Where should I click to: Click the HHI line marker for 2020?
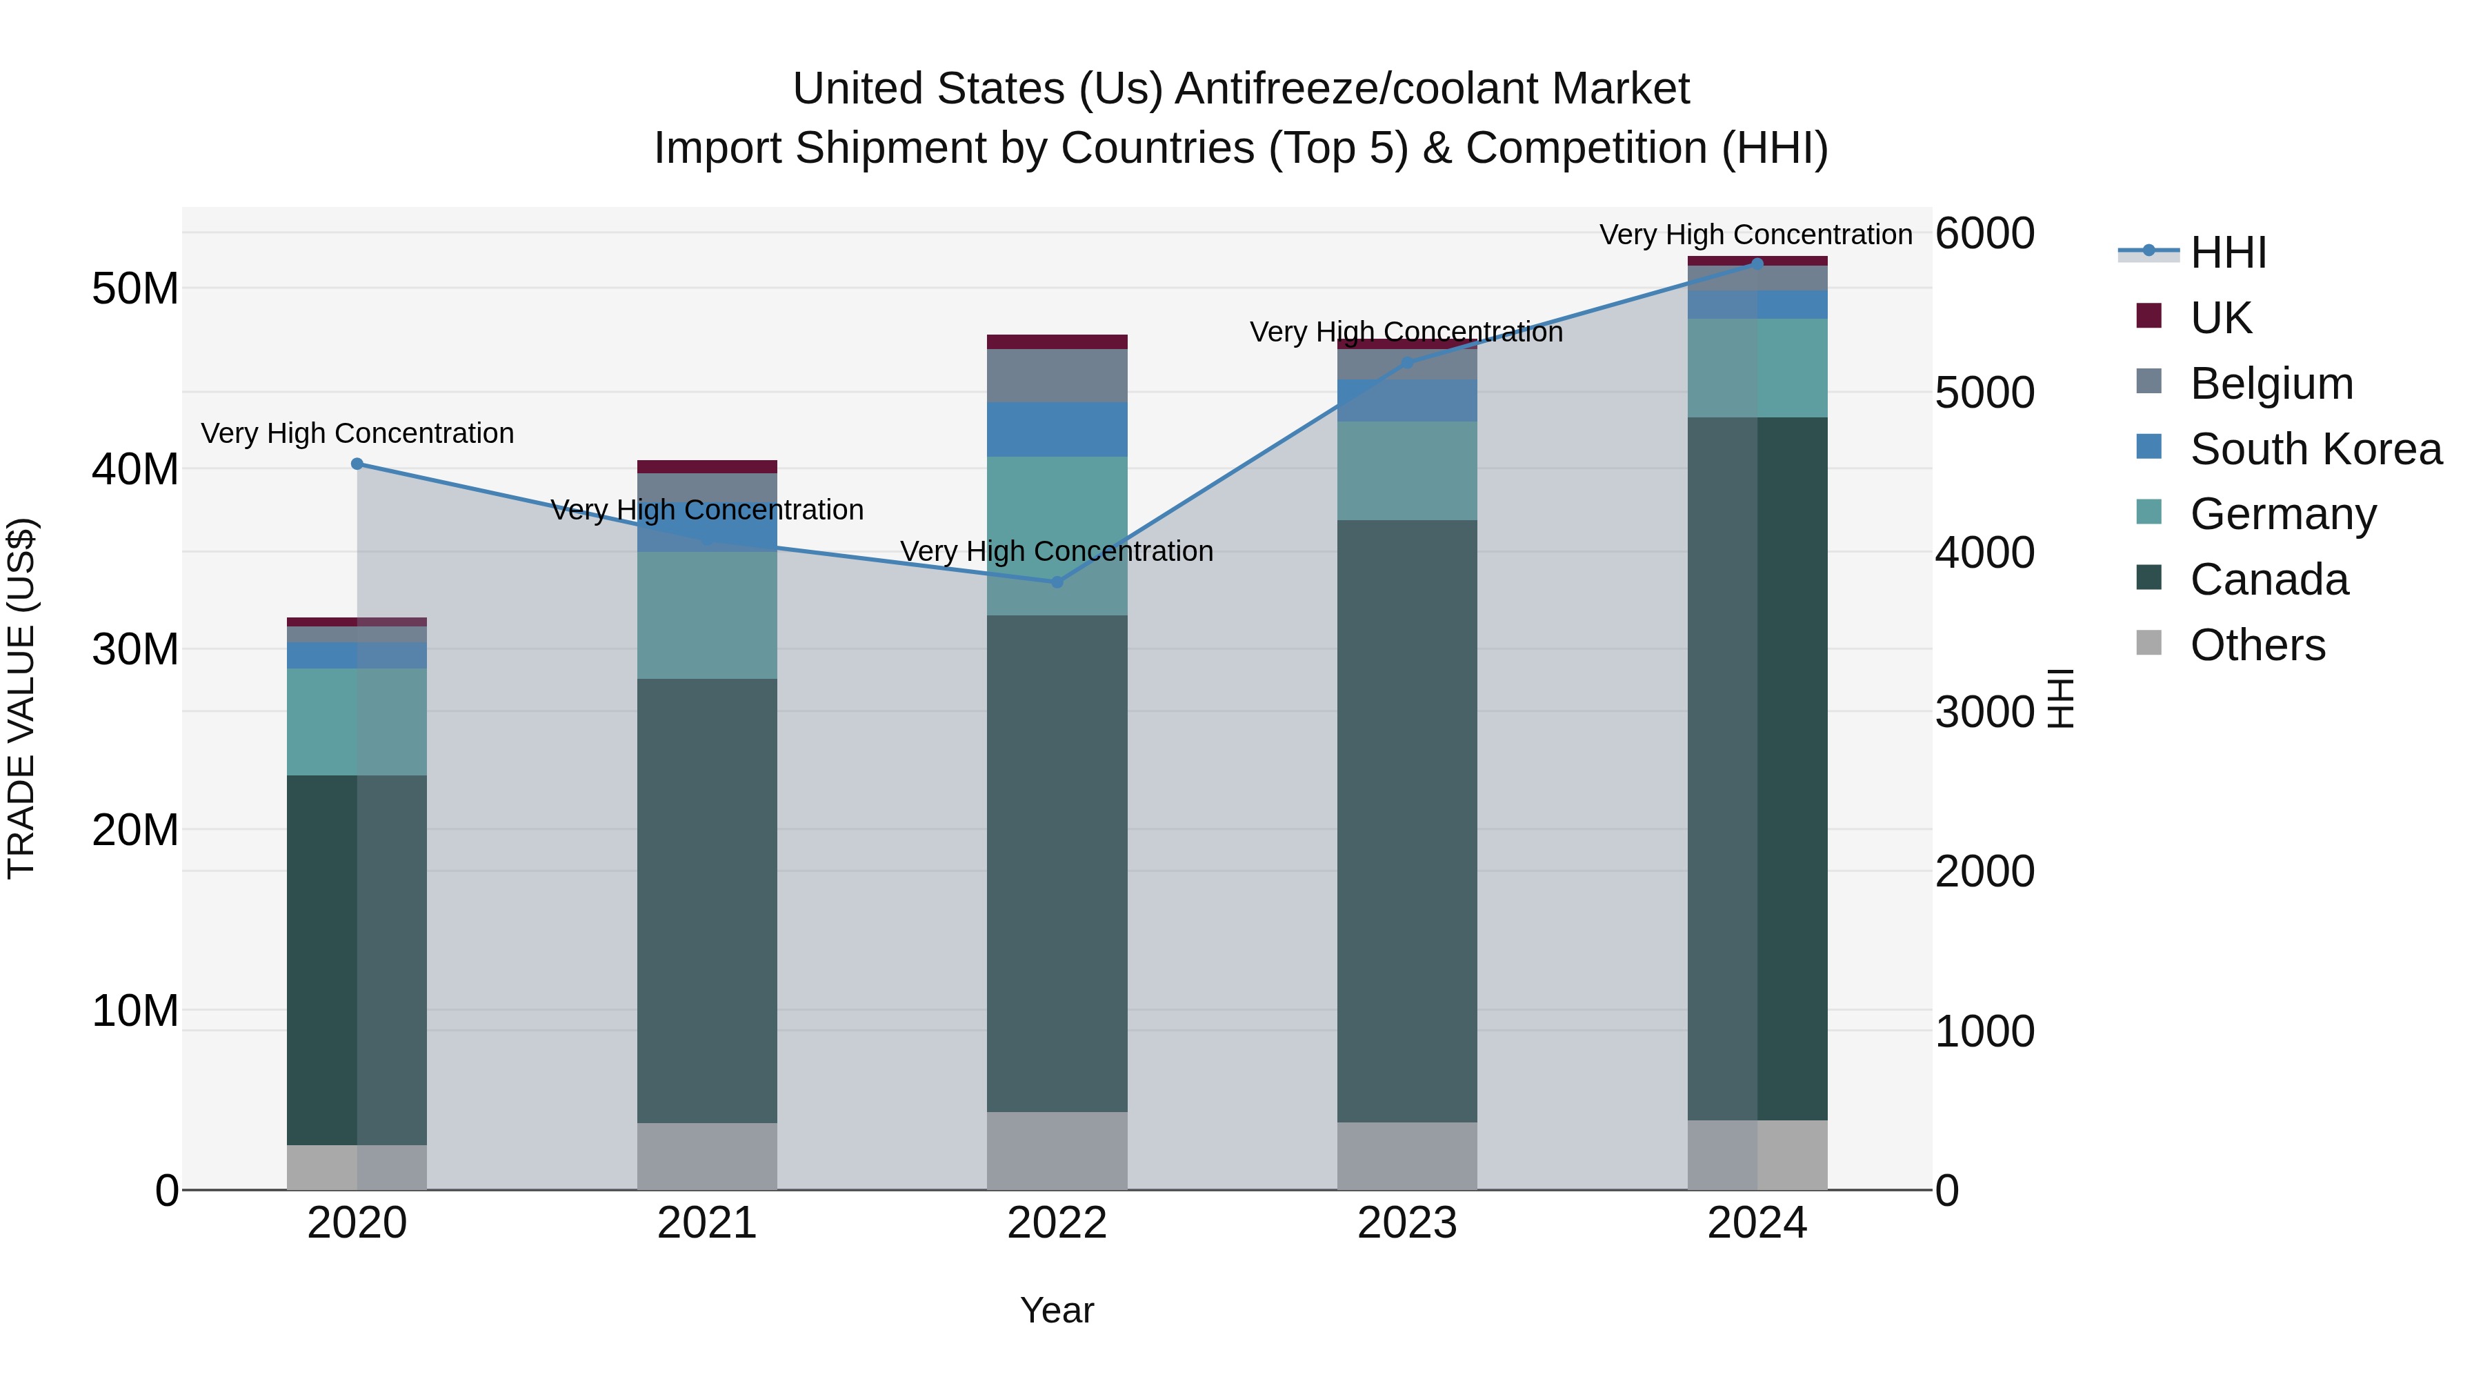coord(357,464)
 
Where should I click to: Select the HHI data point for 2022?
coord(1057,582)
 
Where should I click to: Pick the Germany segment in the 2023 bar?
coord(1406,470)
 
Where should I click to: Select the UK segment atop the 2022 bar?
coord(1057,342)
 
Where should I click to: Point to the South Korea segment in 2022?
coord(1057,429)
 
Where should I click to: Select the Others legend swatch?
coord(2148,643)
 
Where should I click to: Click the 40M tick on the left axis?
coord(135,470)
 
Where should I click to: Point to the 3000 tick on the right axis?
coord(1984,713)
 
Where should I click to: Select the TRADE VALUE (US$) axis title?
coord(21,698)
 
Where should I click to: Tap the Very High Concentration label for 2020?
coord(357,434)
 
